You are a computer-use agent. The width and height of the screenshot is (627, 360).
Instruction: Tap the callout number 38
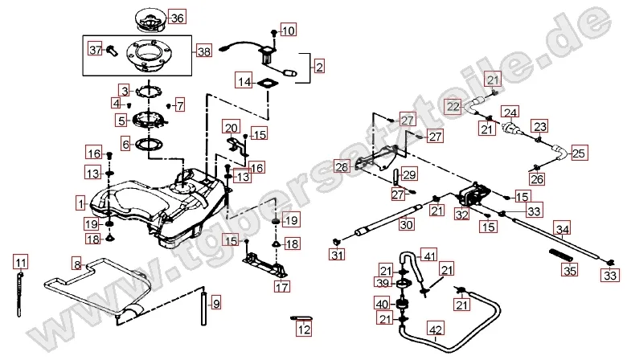[203, 51]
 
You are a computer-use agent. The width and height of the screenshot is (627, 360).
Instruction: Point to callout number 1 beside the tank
[80, 198]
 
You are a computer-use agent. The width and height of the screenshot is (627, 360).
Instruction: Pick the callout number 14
[244, 81]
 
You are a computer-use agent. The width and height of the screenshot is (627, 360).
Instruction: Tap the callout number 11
[21, 262]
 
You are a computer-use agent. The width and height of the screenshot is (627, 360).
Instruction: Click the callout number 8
[76, 264]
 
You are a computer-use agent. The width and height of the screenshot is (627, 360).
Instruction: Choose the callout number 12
[303, 329]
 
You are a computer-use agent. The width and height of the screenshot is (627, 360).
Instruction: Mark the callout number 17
[281, 285]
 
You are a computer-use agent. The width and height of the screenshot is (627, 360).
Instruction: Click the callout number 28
[342, 167]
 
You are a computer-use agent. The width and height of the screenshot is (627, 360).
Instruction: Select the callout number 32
[461, 215]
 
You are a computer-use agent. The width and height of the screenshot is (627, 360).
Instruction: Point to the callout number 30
[407, 225]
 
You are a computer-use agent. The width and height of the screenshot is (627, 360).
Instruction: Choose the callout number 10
[289, 31]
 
